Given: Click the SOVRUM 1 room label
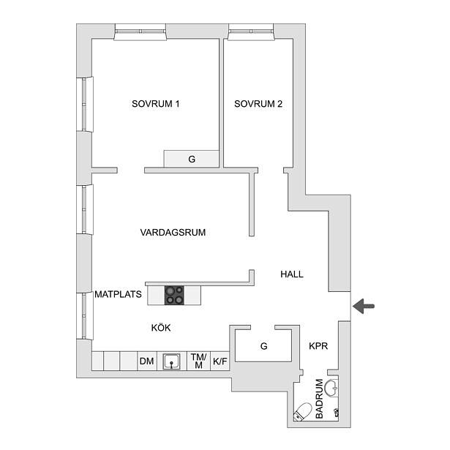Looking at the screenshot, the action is pyautogui.click(x=156, y=104).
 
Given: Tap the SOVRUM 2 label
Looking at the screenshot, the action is pyautogui.click(x=258, y=104).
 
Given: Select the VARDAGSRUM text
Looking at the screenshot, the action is pyautogui.click(x=173, y=232).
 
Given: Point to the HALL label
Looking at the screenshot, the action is pyautogui.click(x=292, y=274).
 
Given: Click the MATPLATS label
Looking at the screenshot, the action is pyautogui.click(x=119, y=294).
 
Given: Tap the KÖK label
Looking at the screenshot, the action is pyautogui.click(x=161, y=327).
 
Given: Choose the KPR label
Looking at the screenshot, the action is pyautogui.click(x=318, y=346).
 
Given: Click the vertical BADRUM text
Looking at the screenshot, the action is pyautogui.click(x=319, y=399).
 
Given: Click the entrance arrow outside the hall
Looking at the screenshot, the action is pyautogui.click(x=364, y=306).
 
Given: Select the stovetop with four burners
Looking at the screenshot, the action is pyautogui.click(x=174, y=296).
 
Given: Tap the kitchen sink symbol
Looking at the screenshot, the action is pyautogui.click(x=172, y=361).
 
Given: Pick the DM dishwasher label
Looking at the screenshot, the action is pyautogui.click(x=146, y=361).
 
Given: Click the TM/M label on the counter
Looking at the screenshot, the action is pyautogui.click(x=198, y=361).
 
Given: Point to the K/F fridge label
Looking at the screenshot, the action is pyautogui.click(x=220, y=361).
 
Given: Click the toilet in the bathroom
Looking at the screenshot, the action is pyautogui.click(x=302, y=411).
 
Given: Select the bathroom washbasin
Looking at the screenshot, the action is pyautogui.click(x=331, y=388).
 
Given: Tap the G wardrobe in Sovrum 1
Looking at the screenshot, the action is pyautogui.click(x=192, y=159).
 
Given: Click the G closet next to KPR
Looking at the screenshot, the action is pyautogui.click(x=263, y=346).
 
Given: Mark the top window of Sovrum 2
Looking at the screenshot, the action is pyautogui.click(x=252, y=32).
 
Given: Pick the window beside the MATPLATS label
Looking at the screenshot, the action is pyautogui.click(x=85, y=316).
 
